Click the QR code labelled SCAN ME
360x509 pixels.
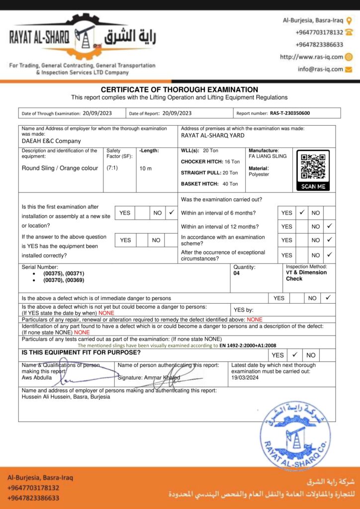pyautogui.click(x=313, y=167)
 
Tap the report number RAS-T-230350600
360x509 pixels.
pyautogui.click(x=290, y=113)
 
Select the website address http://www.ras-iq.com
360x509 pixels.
pyautogui.click(x=311, y=57)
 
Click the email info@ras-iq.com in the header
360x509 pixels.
pyautogui.click(x=321, y=69)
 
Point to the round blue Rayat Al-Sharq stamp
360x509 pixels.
pyautogui.click(x=295, y=436)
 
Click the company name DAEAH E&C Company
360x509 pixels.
pyautogui.click(x=51, y=141)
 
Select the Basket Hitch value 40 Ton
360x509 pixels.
pyautogui.click(x=230, y=184)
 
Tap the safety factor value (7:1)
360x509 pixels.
pyautogui.click(x=112, y=168)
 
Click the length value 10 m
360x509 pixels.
pyautogui.click(x=146, y=169)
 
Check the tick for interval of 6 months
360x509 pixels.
pyautogui.click(x=302, y=213)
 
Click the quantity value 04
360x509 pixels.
pyautogui.click(x=237, y=273)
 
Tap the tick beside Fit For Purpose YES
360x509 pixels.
pyautogui.click(x=295, y=355)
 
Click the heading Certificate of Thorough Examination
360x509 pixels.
pyautogui.click(x=180, y=89)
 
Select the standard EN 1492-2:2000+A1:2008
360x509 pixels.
pyautogui.click(x=248, y=345)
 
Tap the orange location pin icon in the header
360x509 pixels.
pyautogui.click(x=349, y=20)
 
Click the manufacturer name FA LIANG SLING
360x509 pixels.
pyautogui.click(x=268, y=156)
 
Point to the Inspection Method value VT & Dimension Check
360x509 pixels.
pyautogui.click(x=306, y=275)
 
